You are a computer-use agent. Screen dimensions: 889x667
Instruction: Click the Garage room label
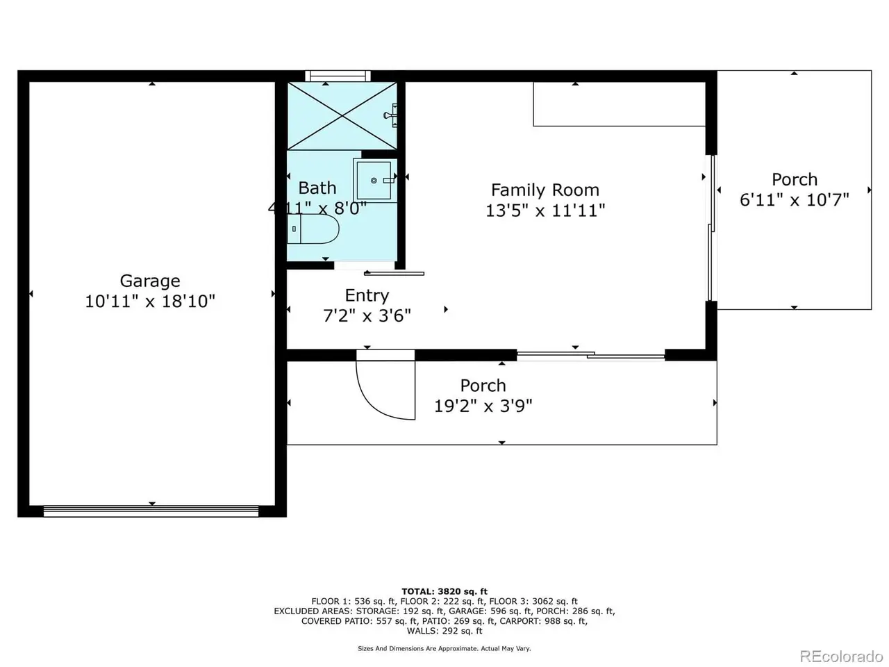coord(150,281)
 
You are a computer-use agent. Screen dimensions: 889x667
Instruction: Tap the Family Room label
coord(545,190)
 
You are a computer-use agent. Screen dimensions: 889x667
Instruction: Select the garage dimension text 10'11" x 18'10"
coord(150,302)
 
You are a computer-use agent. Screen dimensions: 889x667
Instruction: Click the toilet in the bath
coord(313,229)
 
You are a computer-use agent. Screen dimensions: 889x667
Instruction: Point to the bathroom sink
coord(374,180)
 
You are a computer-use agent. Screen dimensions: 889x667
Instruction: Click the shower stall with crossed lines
coord(342,116)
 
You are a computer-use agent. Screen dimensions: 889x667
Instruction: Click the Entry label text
coord(367,296)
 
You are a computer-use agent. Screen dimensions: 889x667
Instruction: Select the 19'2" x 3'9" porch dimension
coord(483,405)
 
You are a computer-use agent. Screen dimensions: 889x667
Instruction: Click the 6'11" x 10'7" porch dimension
coord(795,200)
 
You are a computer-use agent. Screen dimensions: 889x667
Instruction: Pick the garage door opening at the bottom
coord(151,511)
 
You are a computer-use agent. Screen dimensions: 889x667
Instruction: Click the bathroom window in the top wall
coord(338,76)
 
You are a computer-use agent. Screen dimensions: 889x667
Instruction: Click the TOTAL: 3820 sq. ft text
coord(444,592)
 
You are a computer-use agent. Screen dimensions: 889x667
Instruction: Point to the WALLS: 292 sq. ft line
coord(444,631)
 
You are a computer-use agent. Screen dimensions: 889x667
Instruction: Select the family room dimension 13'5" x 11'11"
coord(545,211)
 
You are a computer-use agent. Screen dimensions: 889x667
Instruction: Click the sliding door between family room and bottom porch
coord(591,355)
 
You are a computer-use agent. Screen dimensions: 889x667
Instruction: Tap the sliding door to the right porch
coord(711,228)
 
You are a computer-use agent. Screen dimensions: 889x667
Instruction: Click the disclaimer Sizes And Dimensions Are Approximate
coord(444,648)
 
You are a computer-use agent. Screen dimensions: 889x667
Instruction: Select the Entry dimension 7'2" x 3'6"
coord(367,316)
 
